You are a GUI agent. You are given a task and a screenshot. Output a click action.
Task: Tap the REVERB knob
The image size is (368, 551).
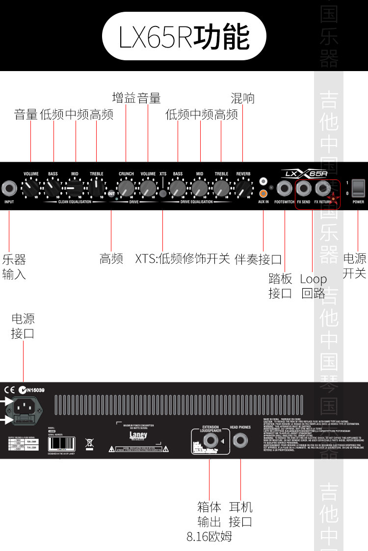[x=242, y=188]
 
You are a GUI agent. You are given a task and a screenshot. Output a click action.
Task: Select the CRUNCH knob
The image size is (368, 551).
[x=126, y=188]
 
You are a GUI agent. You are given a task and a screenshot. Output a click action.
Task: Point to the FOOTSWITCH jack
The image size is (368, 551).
[x=284, y=188]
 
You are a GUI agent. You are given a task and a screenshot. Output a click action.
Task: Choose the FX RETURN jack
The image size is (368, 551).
[x=322, y=188]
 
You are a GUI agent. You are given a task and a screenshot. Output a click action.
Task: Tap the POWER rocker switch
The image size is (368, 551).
[x=359, y=188]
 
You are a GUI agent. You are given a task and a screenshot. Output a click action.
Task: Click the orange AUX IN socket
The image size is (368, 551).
[x=263, y=193]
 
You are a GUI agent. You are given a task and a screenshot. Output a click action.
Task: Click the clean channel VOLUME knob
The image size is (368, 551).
[x=31, y=188]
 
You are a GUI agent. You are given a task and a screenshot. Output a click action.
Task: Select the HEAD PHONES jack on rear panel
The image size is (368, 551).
[x=240, y=440]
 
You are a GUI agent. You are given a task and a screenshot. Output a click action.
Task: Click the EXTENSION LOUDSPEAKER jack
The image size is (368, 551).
[x=210, y=440]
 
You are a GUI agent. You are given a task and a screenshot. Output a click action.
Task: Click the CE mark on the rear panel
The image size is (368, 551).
[x=10, y=390]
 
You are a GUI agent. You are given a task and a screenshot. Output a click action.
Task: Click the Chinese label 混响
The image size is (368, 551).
[x=242, y=98]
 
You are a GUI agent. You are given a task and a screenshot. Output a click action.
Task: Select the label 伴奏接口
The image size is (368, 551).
[x=258, y=259]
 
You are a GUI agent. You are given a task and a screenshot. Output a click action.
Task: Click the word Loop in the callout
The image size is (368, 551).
[x=313, y=279]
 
